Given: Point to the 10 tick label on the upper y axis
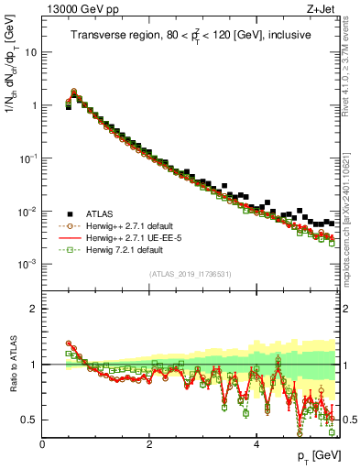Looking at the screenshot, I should click(31, 52).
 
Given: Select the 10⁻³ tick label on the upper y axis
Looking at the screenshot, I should click(27, 264).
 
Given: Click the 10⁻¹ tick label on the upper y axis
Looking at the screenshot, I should click(27, 158).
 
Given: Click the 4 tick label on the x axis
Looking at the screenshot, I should click(256, 444).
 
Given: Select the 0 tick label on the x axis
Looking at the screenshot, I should click(42, 444).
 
